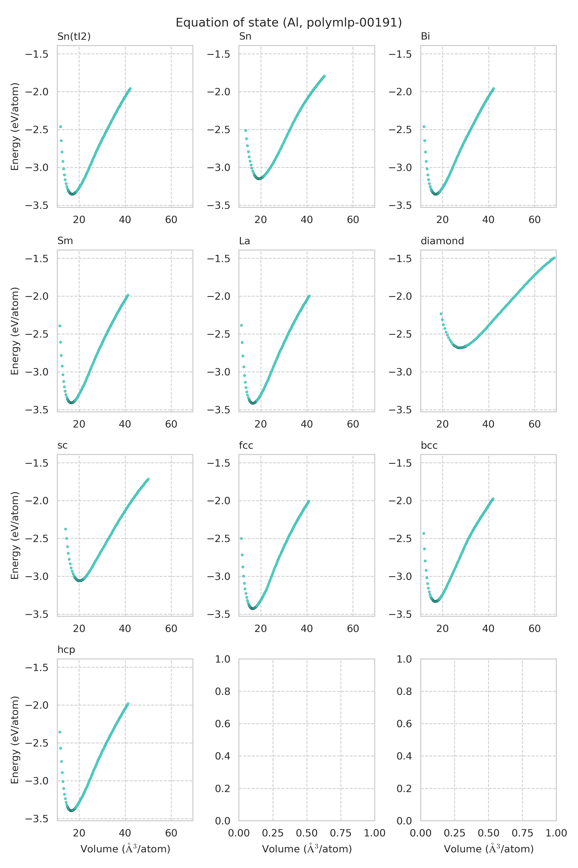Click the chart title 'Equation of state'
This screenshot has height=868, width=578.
289,23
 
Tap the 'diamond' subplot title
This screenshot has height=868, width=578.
442,241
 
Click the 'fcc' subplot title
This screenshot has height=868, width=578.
246,445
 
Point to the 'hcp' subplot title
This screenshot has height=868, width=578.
66,650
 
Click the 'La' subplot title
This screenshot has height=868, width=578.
244,241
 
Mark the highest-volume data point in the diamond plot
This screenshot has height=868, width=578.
554,258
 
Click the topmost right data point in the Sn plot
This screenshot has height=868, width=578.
324,76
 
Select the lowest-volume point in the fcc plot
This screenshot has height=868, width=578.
242,538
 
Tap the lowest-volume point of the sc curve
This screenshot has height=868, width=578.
66,529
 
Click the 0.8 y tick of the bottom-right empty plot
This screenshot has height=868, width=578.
404,691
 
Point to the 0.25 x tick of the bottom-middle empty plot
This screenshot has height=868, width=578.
273,833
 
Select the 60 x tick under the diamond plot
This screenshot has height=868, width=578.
534,424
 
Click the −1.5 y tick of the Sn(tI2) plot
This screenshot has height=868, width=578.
37,54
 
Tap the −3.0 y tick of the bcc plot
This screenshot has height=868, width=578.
400,576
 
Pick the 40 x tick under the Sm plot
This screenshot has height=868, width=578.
125,424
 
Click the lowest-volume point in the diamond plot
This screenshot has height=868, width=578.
441,314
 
